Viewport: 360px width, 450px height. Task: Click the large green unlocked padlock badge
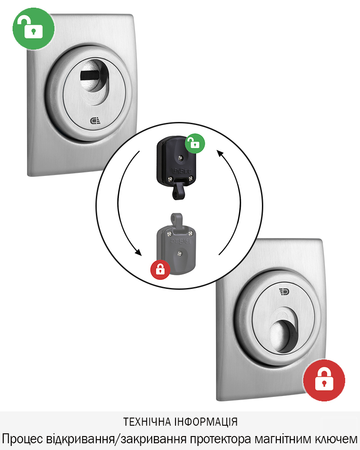[x=34, y=28]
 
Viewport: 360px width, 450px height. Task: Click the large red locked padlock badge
[x=324, y=380]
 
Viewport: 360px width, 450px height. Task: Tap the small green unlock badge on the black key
[x=195, y=143]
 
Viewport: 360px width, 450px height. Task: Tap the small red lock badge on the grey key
[x=160, y=270]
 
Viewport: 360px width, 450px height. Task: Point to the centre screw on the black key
[x=180, y=157]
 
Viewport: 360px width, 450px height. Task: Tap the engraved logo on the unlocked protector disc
[x=95, y=121]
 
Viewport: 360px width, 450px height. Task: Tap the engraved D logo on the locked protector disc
[x=284, y=292]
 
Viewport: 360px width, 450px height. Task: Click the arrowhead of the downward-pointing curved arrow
[x=138, y=252]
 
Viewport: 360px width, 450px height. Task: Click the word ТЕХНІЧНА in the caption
[x=147, y=422]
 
